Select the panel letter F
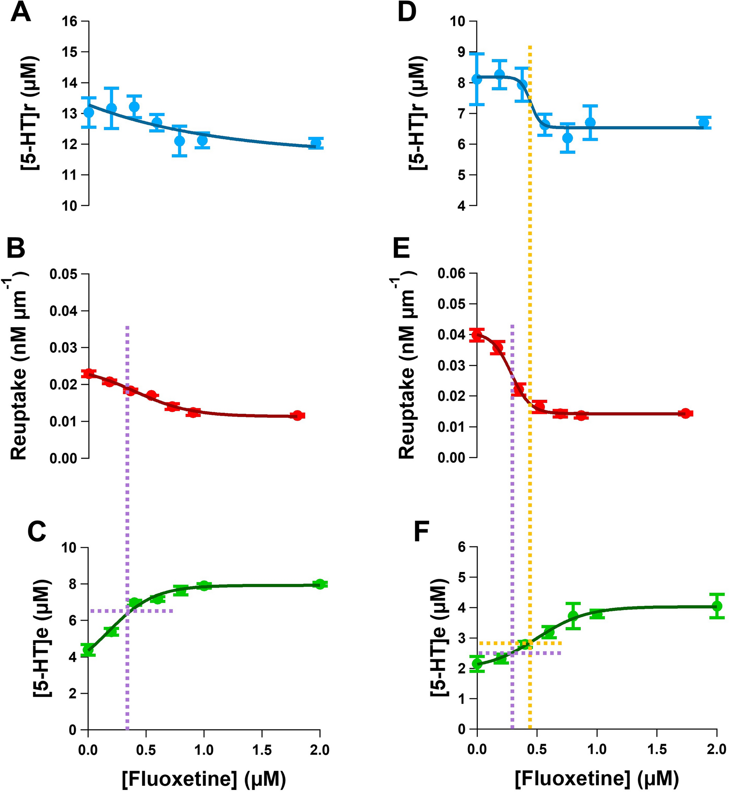(421, 532)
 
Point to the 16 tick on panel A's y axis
(69, 21)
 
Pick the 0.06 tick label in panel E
(451, 274)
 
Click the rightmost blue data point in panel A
(316, 143)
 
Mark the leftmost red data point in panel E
(477, 335)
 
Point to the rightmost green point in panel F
(717, 606)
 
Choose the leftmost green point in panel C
(88, 650)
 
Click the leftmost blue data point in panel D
(477, 79)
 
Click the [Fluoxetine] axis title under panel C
(204, 778)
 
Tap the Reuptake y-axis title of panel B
(19, 367)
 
